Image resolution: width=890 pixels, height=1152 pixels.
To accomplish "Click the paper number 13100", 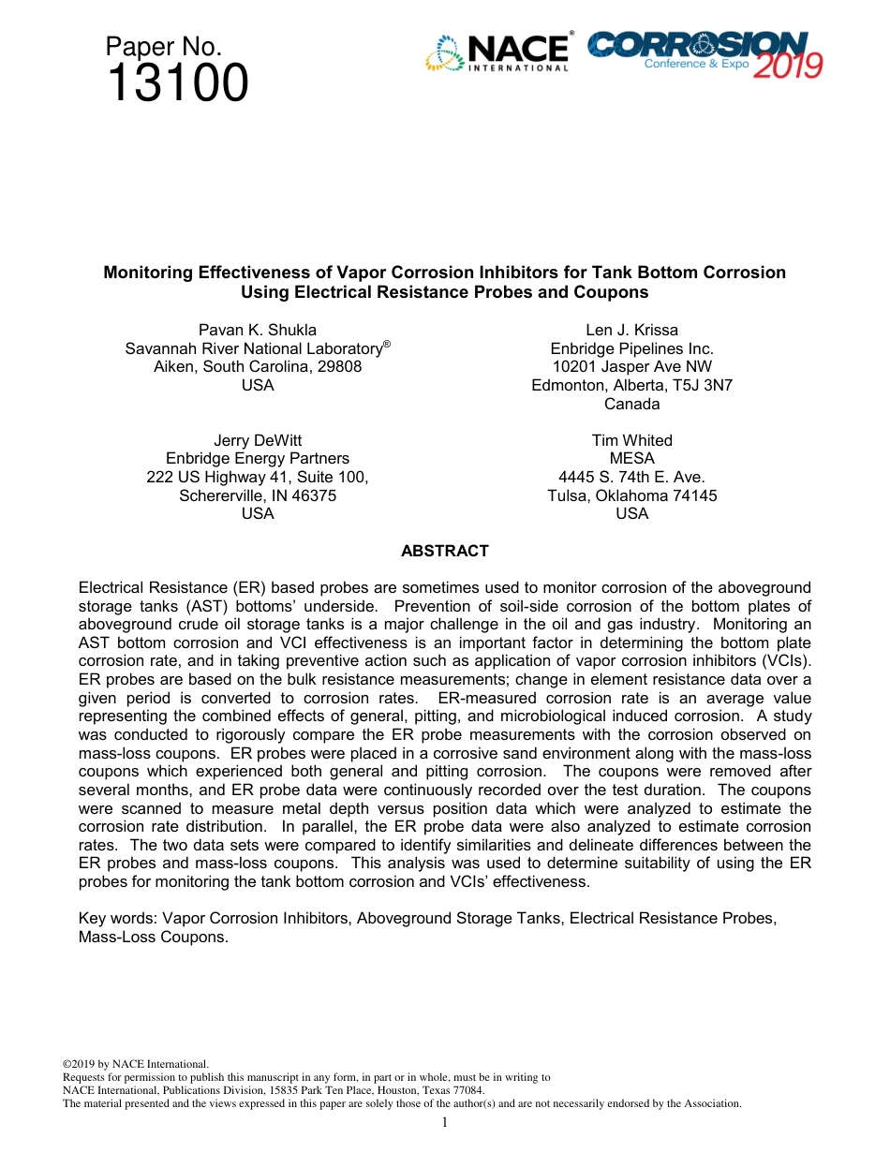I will pos(177,84).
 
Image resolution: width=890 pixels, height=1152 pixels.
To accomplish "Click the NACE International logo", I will pos(497,52).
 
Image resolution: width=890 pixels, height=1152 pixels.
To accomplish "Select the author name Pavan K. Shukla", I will pos(258,330).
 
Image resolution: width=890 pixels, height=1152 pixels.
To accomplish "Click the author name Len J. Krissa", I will pos(631,330).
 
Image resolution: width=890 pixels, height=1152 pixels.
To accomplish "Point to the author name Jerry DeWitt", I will pos(258,440).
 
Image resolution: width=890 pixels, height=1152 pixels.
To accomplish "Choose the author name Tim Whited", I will pos(631,440).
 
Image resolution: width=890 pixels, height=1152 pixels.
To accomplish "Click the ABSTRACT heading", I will pos(444,552).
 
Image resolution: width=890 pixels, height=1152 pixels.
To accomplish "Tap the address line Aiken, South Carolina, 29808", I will pos(258,366).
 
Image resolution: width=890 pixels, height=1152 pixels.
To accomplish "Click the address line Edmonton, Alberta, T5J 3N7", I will pos(631,385).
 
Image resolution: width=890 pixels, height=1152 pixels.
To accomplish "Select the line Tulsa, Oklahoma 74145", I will pos(631,495).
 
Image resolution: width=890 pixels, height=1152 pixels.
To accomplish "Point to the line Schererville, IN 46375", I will pos(258,495).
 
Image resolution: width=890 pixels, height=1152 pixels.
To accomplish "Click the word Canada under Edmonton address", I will pos(631,404).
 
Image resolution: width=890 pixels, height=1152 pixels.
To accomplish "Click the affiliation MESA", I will pos(631,459).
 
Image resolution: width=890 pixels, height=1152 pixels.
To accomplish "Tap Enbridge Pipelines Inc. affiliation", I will pos(631,348).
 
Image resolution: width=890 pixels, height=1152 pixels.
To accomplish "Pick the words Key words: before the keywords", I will pos(118,918).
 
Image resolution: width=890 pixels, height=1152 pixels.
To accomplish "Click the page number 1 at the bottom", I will pos(445,1122).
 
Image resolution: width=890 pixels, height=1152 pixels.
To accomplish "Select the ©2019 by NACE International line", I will pos(135,1064).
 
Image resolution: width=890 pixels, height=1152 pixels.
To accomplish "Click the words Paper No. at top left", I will pos(163,47).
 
